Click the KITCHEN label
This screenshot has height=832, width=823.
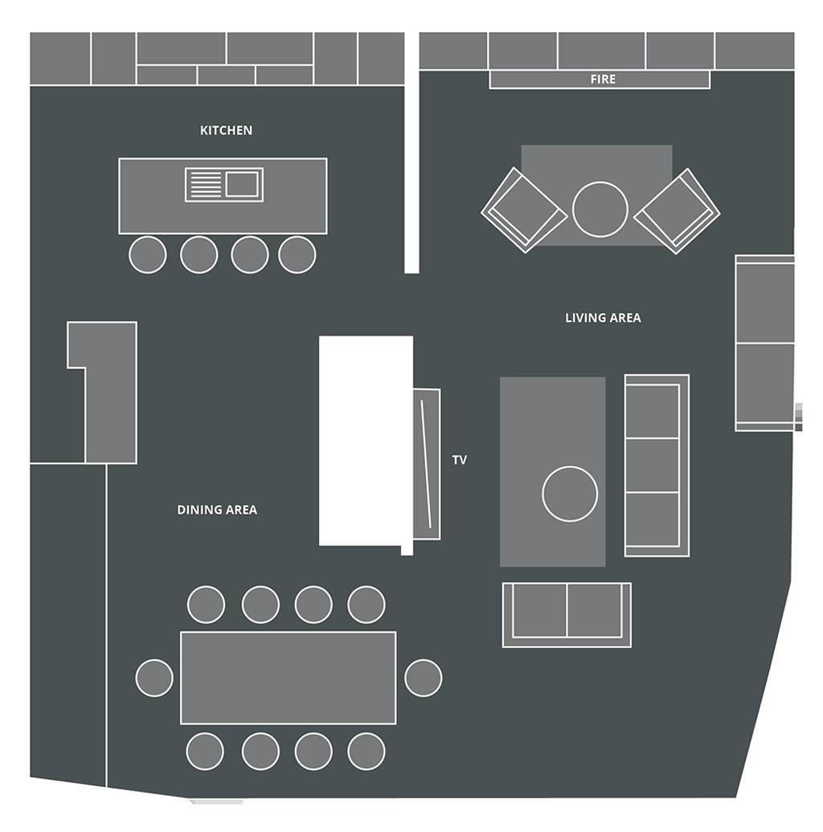[226, 131]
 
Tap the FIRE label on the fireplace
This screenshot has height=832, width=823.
[603, 79]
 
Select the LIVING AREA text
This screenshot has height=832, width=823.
[603, 318]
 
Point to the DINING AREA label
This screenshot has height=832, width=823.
[217, 510]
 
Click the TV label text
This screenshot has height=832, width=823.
[460, 460]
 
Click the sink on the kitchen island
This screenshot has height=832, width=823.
[224, 185]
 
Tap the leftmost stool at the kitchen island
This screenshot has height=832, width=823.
[148, 255]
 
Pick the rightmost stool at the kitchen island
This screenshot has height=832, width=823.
[297, 255]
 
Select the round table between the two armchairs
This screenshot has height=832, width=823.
[600, 209]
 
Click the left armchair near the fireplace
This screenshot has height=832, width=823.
[524, 210]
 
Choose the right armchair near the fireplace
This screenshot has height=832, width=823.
[677, 211]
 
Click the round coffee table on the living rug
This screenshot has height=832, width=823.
[571, 494]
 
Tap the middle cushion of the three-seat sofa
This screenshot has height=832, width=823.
[653, 465]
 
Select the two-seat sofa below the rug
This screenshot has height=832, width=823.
[567, 615]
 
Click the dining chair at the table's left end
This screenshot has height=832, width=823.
[154, 678]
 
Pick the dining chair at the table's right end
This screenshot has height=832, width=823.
[424, 678]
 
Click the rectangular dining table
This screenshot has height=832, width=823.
[289, 678]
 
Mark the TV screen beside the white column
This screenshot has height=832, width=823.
[427, 464]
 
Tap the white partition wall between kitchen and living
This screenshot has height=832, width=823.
[411, 153]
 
